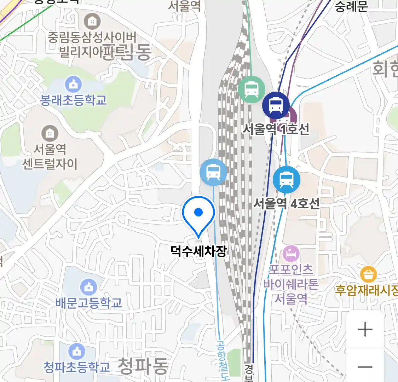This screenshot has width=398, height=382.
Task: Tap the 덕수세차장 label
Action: [198, 251]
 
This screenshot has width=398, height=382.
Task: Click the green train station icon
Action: [251, 89]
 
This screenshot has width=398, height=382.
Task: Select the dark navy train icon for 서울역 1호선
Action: [276, 105]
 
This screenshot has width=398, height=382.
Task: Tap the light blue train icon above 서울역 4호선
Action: [286, 180]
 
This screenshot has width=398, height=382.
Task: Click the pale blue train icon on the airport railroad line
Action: [213, 172]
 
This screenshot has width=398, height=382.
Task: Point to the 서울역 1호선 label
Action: [276, 129]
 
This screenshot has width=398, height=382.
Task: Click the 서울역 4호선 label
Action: [287, 203]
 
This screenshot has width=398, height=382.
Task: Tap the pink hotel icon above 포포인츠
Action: [291, 254]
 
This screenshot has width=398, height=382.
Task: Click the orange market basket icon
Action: [368, 274]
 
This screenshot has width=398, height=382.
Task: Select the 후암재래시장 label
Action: [367, 290]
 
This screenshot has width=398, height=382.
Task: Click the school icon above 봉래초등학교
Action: [73, 85]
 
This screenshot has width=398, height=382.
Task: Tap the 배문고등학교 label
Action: [88, 303]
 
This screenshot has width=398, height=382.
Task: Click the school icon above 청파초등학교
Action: [76, 352]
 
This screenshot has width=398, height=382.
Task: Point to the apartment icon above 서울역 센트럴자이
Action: [50, 133]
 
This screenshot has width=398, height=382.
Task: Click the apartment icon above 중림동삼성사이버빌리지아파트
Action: [92, 22]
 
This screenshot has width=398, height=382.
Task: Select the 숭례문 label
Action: [351, 6]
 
